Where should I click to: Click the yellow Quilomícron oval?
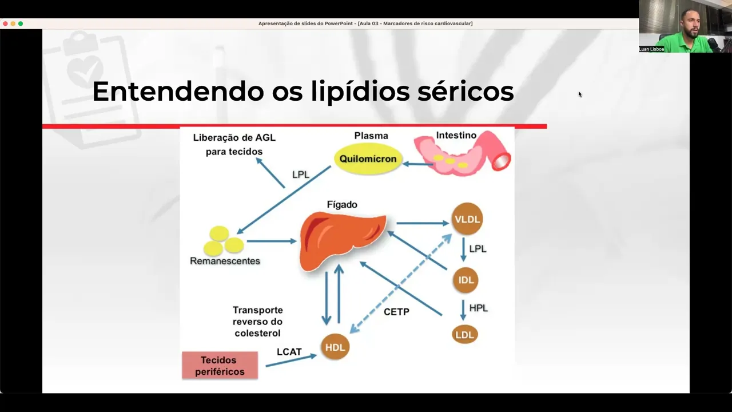[368, 159]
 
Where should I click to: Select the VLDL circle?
[467, 219]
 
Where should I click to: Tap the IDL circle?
[465, 280]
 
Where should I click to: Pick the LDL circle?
[464, 335]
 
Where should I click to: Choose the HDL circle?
[335, 347]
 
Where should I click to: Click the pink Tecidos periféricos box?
[220, 366]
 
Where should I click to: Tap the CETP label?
[396, 312]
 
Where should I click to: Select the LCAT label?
[289, 352]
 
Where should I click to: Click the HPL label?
[478, 308]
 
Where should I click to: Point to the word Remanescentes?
[225, 261]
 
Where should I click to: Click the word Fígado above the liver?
[342, 204]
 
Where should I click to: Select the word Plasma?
[371, 136]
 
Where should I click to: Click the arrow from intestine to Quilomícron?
[418, 164]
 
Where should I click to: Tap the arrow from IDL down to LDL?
[464, 309]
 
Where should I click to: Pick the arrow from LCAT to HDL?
[291, 360]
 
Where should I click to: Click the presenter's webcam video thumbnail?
[685, 26]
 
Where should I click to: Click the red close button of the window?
[5, 23]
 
